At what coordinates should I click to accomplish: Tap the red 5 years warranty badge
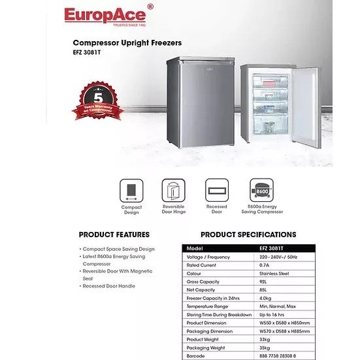click(98, 103)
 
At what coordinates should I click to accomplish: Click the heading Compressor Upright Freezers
click(127, 44)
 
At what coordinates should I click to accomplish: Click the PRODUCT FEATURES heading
click(114, 235)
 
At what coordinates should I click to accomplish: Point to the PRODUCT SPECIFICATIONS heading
click(248, 235)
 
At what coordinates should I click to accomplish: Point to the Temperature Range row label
click(208, 306)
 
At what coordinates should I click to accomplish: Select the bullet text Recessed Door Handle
click(110, 286)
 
